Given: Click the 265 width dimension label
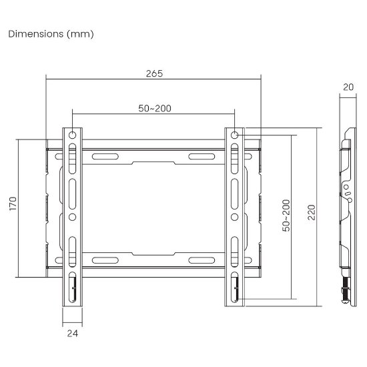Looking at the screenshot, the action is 154,73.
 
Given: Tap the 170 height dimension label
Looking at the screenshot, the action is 13,204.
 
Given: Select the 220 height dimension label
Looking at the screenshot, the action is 312,212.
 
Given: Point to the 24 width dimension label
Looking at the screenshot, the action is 73,333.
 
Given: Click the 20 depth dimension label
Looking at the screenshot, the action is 348,87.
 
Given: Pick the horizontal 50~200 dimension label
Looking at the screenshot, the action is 155,108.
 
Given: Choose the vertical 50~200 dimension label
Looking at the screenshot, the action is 286,216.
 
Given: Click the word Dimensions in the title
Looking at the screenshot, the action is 36,34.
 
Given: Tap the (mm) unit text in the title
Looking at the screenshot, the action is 80,34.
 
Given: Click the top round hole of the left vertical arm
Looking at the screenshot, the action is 72,135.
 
